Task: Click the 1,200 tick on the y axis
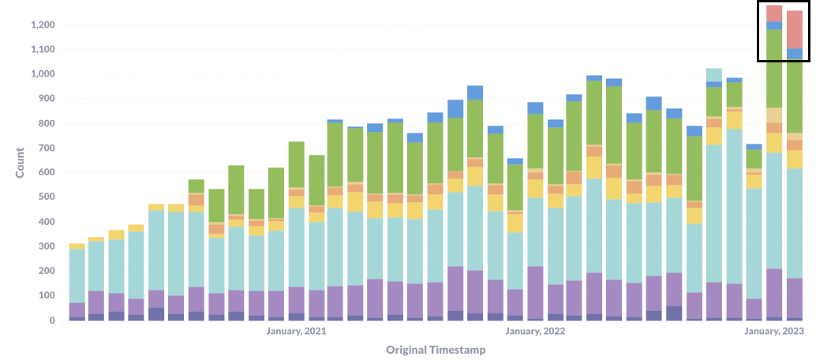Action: pos(42,25)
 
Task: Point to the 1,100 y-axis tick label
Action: pos(42,50)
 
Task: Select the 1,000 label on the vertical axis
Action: pos(42,74)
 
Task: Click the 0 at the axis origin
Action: pos(51,321)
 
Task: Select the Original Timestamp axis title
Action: pos(436,349)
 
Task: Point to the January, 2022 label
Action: pos(536,332)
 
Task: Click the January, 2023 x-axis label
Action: pos(776,332)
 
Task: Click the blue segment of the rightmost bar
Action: pos(795,54)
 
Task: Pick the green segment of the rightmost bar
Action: pos(795,96)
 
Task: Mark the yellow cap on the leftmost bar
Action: pos(77,246)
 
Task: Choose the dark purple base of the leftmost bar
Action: pos(77,318)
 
